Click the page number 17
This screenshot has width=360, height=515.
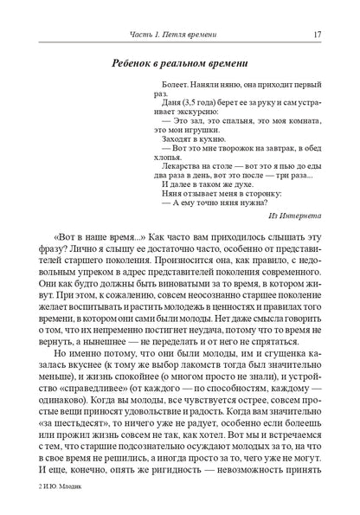[x=318, y=33]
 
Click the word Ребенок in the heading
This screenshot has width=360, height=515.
[x=141, y=63]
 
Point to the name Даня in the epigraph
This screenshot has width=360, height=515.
[x=175, y=114]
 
